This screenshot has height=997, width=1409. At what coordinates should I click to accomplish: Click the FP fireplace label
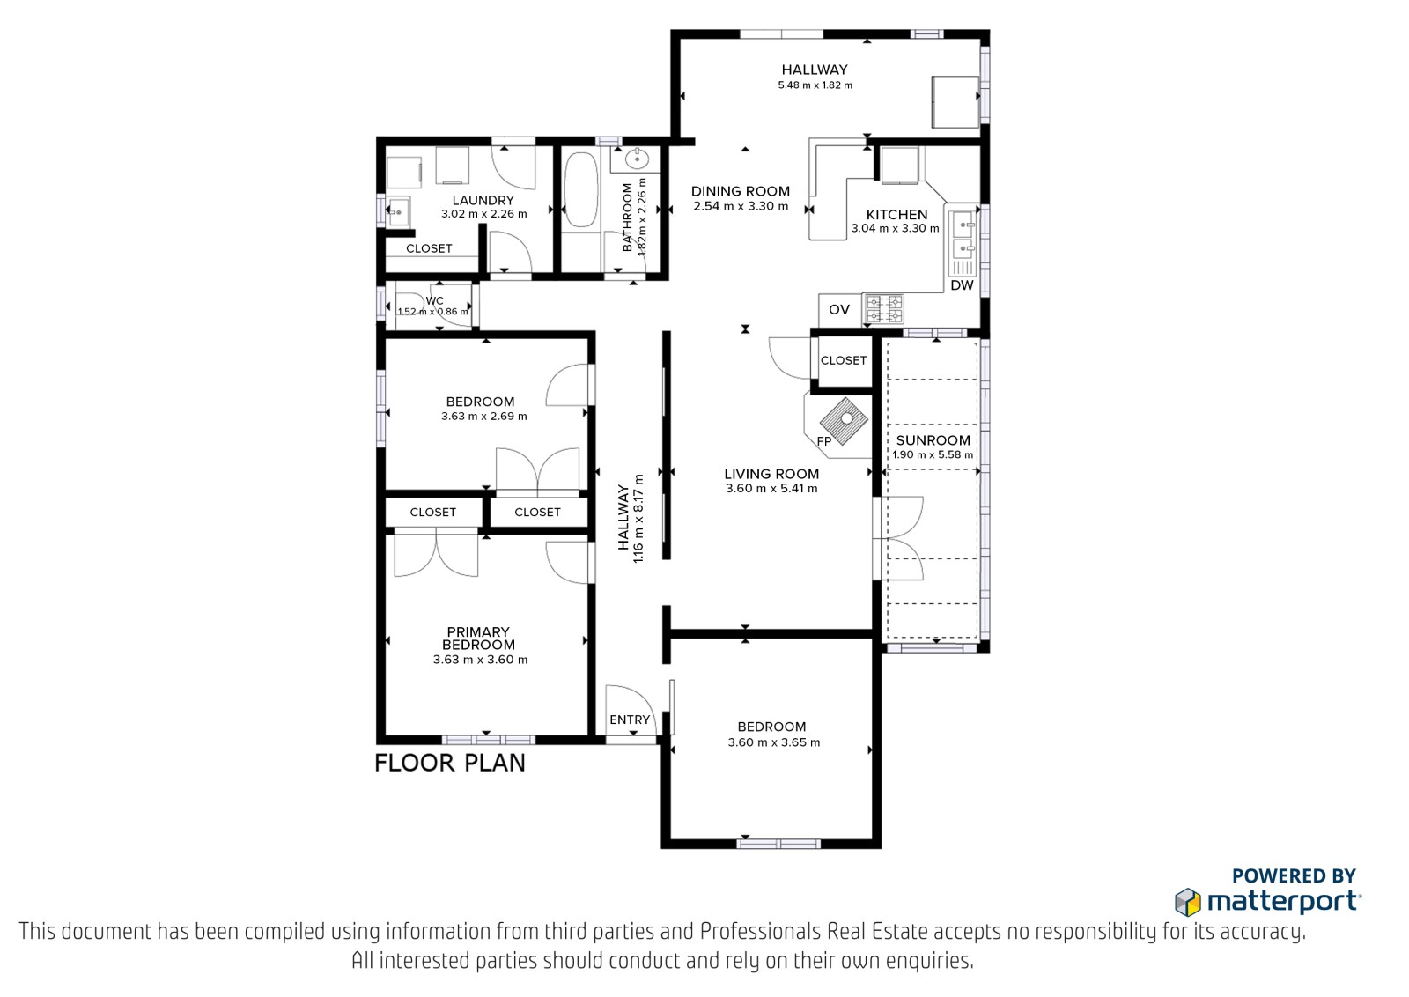point(824,441)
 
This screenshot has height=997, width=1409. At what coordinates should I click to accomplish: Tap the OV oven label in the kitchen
point(839,309)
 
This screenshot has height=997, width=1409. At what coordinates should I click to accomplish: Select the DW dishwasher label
point(962,285)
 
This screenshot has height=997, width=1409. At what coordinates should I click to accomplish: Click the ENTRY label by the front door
point(630,720)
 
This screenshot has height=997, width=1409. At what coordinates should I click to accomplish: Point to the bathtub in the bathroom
point(580,190)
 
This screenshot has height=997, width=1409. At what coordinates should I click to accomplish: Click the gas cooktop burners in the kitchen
point(884,309)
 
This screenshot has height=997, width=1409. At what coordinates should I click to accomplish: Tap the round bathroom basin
point(638,159)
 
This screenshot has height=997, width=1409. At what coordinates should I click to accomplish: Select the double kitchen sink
point(963,237)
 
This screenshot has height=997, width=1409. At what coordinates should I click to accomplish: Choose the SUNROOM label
point(933,440)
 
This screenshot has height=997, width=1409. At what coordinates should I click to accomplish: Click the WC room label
point(435,300)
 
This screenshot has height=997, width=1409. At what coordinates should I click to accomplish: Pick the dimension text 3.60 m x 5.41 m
point(771,489)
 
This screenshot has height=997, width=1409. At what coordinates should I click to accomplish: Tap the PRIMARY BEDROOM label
point(479,639)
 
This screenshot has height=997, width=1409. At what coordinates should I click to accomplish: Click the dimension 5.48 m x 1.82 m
point(815,85)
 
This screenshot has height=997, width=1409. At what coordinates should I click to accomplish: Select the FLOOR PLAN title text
point(450,763)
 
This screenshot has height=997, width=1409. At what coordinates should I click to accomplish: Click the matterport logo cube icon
point(1188,903)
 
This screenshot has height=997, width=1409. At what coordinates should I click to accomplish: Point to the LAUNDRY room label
point(483,201)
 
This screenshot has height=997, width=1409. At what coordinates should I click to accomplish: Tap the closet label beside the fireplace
point(844,360)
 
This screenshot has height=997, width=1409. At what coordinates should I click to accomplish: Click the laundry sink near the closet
point(397,213)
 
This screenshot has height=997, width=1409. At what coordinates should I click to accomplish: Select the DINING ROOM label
point(741,191)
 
